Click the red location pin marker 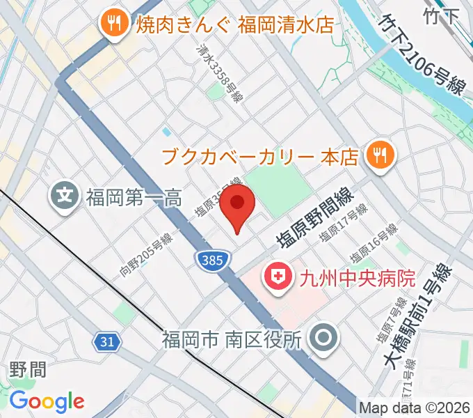[x=238, y=205]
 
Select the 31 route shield [x=106, y=341]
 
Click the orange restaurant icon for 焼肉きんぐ [x=111, y=24]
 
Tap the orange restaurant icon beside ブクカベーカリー [x=379, y=155]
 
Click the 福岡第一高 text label [x=134, y=198]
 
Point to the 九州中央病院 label [x=357, y=279]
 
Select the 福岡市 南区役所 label [x=231, y=340]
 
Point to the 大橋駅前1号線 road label [x=418, y=313]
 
